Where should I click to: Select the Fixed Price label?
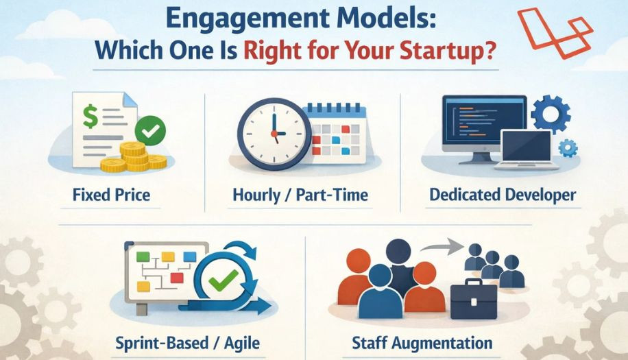(x=111, y=195)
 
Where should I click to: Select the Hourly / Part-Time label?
(x=300, y=195)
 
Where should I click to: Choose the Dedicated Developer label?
(x=503, y=195)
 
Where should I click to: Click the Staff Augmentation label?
(x=422, y=342)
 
